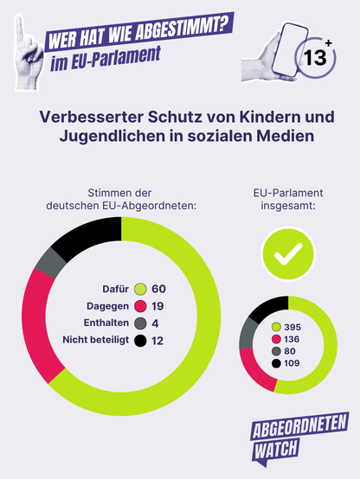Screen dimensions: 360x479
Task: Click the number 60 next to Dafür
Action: point(158,289)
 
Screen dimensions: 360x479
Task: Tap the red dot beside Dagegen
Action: point(140,306)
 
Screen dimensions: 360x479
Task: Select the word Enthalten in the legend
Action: point(106,323)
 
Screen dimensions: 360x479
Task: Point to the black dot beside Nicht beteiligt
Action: point(140,341)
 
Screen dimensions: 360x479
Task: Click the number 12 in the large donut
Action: point(157,341)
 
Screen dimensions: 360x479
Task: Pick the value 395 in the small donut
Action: point(292,327)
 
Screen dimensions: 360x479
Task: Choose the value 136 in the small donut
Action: point(292,339)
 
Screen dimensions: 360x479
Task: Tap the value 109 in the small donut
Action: point(292,363)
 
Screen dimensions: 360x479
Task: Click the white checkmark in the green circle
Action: point(288,254)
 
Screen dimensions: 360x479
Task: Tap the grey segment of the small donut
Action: point(247,334)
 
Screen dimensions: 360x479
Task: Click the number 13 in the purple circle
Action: point(315,57)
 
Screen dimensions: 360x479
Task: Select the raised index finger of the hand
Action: point(21,30)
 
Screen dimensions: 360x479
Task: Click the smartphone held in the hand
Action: point(290,49)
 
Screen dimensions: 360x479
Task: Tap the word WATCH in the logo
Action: point(276,449)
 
